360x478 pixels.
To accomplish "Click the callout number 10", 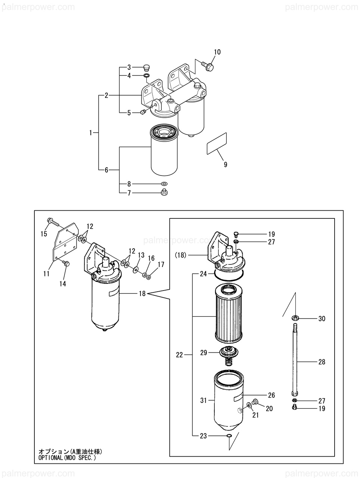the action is tap(217, 52).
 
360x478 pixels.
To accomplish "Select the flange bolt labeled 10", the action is tap(207, 66).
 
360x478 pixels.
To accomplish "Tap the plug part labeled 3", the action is tap(147, 68).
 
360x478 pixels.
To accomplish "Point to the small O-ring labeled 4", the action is tap(146, 75).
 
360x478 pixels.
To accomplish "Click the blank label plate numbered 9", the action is tap(217, 143).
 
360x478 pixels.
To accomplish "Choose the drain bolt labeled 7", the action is tap(165, 192).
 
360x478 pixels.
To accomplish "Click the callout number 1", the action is tap(91, 133).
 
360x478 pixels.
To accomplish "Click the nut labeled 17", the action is tap(149, 277).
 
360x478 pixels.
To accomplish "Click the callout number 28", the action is tap(322, 362).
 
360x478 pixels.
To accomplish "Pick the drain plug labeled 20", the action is tap(255, 401).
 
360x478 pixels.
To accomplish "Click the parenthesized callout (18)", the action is tap(180, 255).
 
